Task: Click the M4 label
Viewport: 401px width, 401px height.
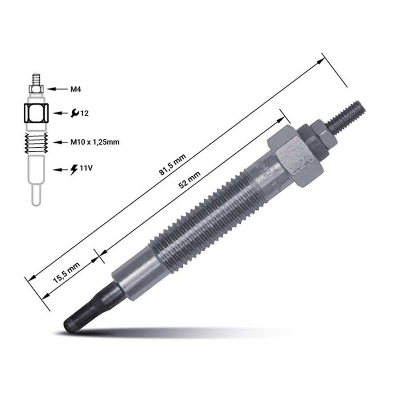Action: (76, 89)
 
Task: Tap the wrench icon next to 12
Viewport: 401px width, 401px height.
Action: (75, 113)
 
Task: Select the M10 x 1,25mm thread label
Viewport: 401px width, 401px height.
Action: (95, 142)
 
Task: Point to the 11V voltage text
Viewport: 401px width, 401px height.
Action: (86, 168)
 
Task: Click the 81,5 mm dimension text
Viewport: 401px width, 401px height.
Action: (172, 164)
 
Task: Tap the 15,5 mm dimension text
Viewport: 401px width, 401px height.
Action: (66, 273)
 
